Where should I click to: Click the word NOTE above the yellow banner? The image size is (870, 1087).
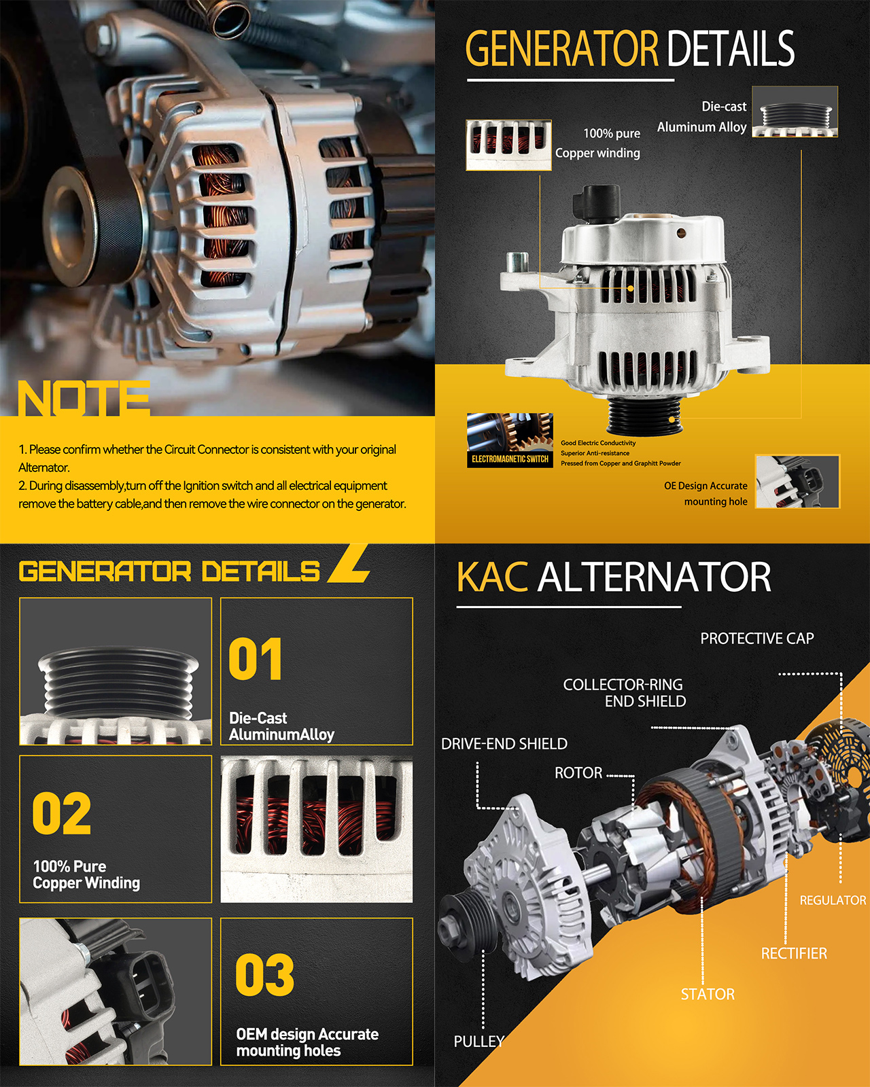84,398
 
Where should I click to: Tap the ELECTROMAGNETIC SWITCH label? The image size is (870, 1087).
510,459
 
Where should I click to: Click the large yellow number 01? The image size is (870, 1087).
256,659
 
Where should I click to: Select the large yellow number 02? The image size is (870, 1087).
62,813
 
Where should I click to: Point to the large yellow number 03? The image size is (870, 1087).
265,974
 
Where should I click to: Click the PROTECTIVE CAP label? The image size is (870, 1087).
756,639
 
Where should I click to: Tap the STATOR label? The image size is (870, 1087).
708,994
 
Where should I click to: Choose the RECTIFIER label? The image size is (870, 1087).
794,953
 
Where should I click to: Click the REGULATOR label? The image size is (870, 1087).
833,899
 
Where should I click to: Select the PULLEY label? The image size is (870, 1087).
478,1041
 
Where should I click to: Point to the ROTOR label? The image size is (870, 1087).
578,773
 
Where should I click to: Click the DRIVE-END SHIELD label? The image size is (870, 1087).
504,743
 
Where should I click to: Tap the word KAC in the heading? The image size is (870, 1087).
492,577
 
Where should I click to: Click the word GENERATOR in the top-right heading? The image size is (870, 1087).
561,48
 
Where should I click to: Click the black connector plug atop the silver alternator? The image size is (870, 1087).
597,202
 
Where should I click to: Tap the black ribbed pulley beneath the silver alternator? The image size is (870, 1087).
645,415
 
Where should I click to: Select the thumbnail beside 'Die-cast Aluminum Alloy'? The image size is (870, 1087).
795,111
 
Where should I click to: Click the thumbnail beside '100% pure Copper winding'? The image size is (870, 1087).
508,145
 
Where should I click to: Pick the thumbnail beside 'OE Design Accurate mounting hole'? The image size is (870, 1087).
797,482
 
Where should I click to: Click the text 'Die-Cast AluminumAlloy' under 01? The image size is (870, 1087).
281,726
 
